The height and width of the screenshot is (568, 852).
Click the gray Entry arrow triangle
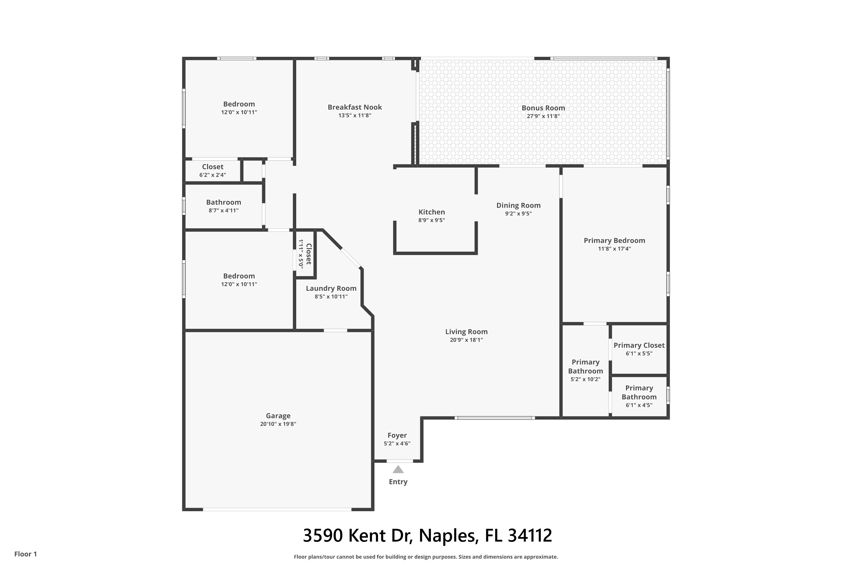coord(398,469)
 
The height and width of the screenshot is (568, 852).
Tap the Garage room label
coord(278,416)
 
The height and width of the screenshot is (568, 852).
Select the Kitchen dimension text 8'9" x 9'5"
coord(431,220)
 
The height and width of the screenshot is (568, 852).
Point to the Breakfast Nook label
coord(355,107)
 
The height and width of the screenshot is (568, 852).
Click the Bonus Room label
coord(543,108)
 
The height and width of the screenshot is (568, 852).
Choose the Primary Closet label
coord(639,346)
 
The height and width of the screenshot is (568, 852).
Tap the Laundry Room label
coord(331,288)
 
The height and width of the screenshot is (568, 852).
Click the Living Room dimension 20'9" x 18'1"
coord(466,340)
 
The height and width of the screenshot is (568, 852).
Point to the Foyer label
coord(397,435)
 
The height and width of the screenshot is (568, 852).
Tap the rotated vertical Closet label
coord(309,254)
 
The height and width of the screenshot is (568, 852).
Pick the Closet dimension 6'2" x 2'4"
coord(213,175)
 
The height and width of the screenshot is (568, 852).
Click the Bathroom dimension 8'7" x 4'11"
coord(224,210)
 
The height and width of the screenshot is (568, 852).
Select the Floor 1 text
coord(26,554)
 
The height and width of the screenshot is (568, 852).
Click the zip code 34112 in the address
coord(530,536)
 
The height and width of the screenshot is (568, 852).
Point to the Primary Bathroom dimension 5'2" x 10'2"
coord(585,379)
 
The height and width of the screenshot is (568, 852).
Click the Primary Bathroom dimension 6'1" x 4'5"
coord(639,405)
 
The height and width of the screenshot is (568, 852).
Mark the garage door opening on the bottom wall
coord(277,509)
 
